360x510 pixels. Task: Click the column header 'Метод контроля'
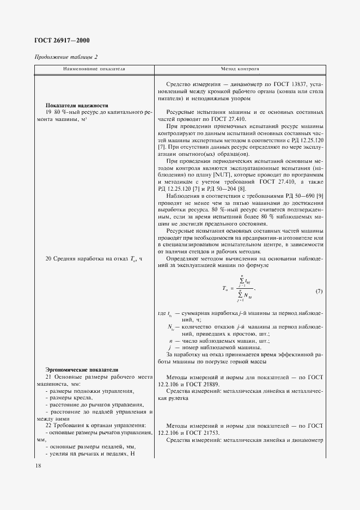tap(240, 70)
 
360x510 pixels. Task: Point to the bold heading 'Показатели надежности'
tap(77, 105)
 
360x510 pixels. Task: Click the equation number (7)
tap(319, 292)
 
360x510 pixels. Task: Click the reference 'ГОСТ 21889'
tap(211, 384)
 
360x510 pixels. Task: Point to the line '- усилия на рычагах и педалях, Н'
tap(88, 454)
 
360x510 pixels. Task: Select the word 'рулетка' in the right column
tap(173, 398)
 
